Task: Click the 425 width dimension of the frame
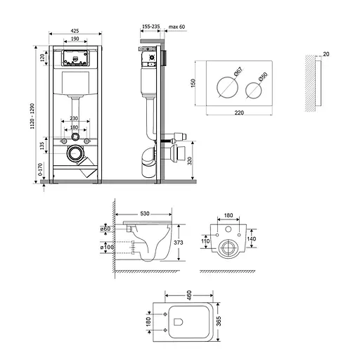tap(75, 30)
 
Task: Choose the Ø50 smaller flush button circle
tap(254, 89)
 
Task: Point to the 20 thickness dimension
tap(326, 54)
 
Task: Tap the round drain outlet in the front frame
tap(74, 153)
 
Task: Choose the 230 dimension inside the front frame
tap(75, 119)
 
